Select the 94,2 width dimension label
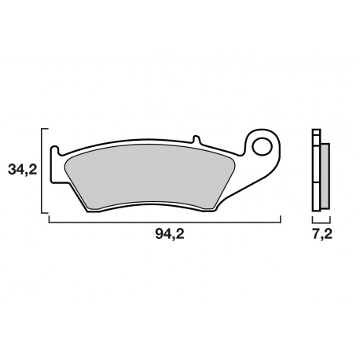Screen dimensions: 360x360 pos(164,234)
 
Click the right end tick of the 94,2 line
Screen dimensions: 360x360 pos(281,219)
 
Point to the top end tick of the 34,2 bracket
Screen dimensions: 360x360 pos(44,128)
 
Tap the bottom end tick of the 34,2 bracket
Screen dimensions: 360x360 pos(44,213)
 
